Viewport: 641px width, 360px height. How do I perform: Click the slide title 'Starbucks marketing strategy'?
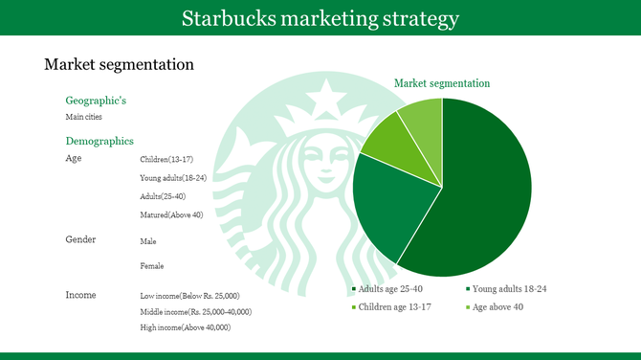320,18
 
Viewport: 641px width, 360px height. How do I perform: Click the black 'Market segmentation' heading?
120,65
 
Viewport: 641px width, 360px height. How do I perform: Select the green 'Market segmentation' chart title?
442,84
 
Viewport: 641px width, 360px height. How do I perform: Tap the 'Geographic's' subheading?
96,101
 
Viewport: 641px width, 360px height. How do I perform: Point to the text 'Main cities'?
83,117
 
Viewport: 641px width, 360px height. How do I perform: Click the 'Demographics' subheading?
99,141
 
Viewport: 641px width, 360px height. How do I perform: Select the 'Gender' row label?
80,239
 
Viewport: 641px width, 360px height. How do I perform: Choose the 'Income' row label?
81,294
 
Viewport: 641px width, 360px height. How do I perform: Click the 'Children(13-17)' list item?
167,159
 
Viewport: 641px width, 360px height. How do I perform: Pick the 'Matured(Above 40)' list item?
171,214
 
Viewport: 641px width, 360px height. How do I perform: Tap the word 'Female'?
151,266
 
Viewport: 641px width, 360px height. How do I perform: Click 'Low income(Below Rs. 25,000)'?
189,296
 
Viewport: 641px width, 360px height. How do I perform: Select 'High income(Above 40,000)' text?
185,327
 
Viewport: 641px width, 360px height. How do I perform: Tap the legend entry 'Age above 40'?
497,306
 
